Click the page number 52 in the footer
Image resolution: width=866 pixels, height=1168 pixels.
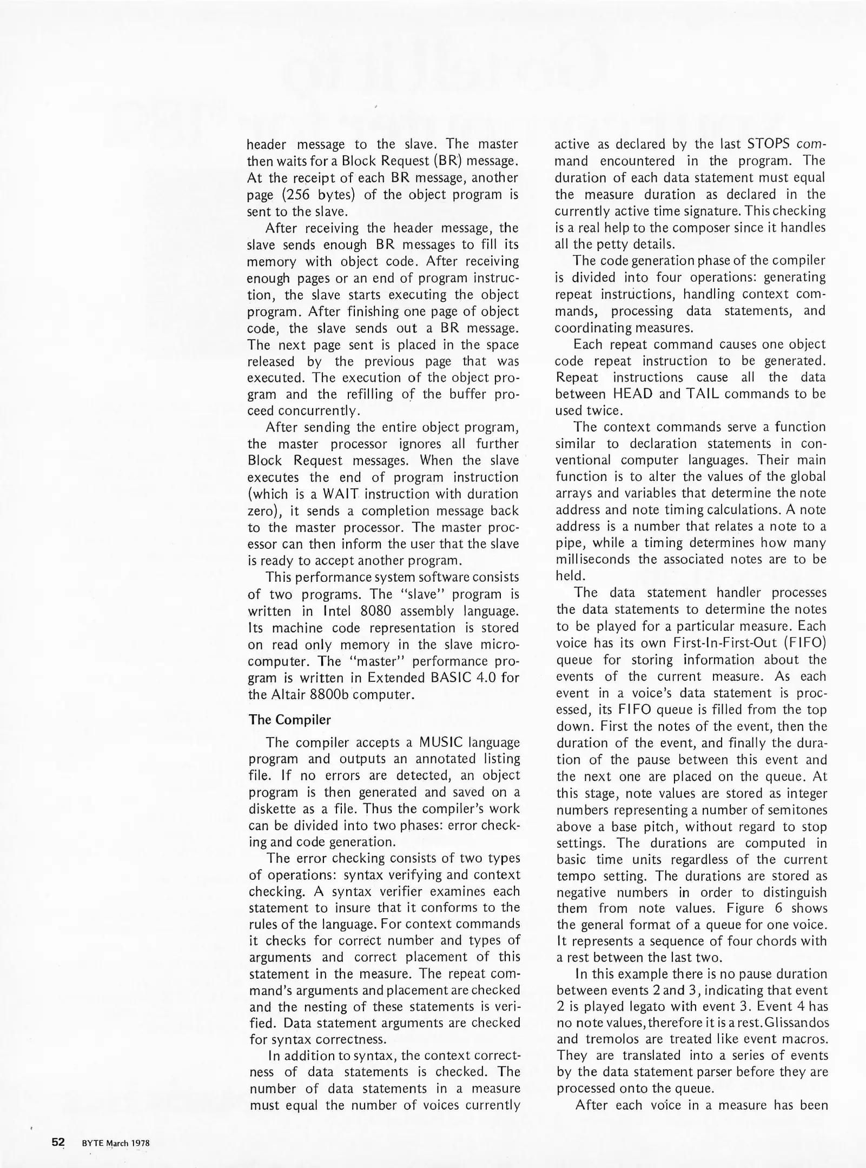pyautogui.click(x=58, y=1142)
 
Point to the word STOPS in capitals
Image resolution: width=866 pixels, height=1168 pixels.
pyautogui.click(x=770, y=144)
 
